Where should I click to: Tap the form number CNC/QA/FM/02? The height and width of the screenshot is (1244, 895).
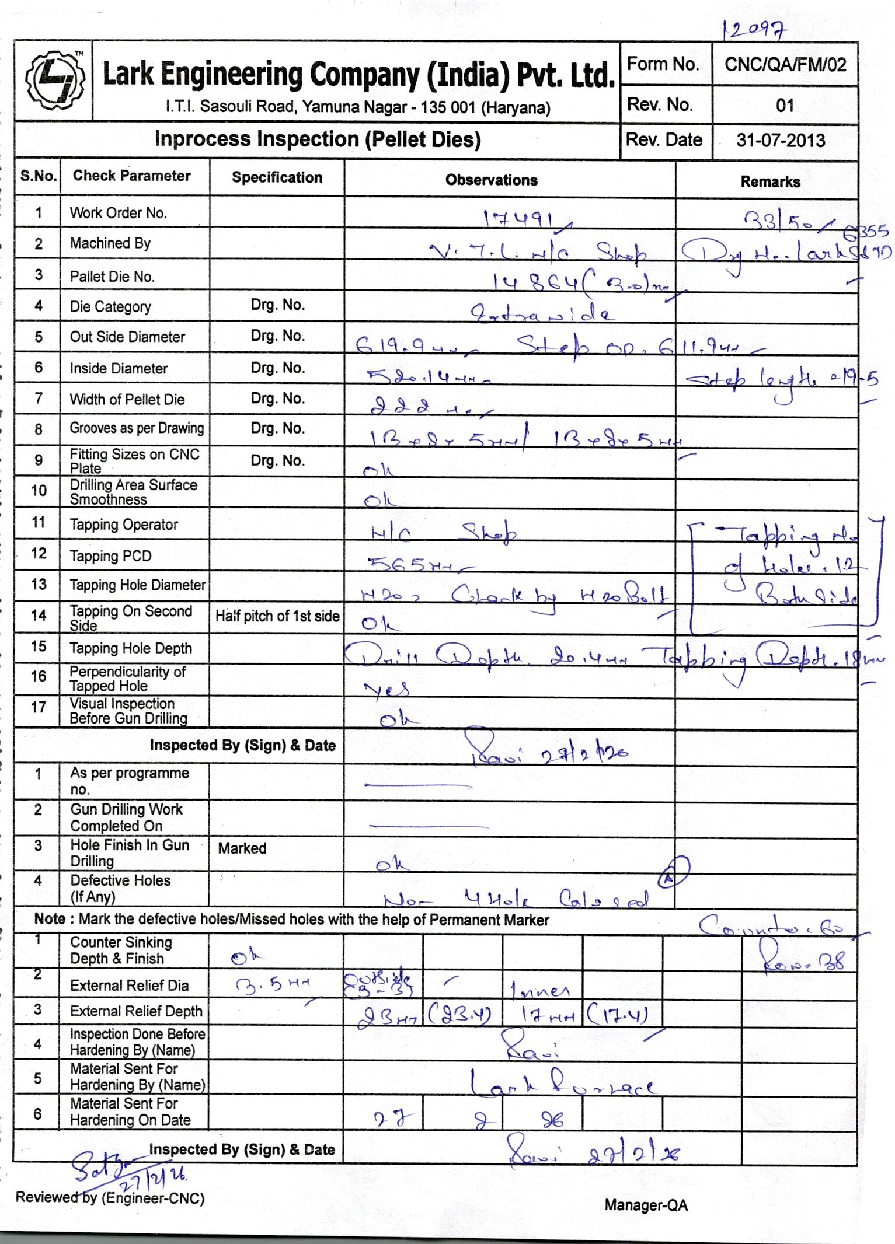[785, 64]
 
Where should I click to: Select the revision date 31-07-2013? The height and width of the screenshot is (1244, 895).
[781, 140]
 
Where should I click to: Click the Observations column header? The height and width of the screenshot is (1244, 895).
[491, 180]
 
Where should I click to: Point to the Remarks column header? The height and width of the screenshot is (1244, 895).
[770, 181]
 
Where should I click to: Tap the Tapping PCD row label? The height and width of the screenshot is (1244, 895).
[110, 556]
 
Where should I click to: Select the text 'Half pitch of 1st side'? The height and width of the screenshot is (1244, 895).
[277, 616]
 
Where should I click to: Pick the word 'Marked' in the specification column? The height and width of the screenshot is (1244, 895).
[242, 848]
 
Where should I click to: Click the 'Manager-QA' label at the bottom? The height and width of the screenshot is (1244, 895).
[646, 1205]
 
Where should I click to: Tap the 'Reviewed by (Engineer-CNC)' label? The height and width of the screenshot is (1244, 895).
[110, 1198]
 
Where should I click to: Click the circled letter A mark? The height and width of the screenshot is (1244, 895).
[673, 872]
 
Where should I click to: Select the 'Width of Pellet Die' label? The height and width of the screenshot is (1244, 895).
[127, 400]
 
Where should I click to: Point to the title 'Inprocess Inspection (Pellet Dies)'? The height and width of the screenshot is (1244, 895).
[317, 139]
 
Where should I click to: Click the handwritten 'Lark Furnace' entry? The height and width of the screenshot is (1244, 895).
[563, 1084]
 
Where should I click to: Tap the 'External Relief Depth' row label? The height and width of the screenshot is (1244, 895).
[136, 1011]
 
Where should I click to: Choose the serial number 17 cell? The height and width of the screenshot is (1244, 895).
[38, 707]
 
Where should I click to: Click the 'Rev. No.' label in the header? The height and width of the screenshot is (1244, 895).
[659, 105]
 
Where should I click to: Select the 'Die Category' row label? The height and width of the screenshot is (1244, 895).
[110, 307]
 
